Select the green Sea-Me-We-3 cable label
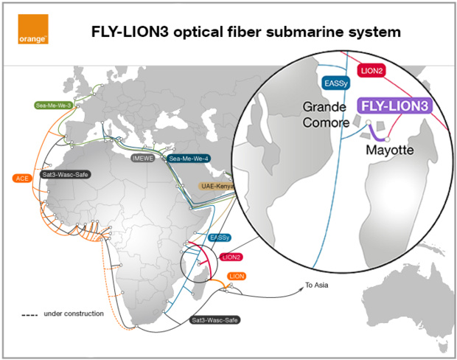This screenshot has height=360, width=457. coord(53,105)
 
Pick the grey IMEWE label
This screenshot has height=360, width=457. coord(142,158)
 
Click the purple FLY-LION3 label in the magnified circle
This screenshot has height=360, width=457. coord(403,106)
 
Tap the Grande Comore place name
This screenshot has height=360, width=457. coord(324,115)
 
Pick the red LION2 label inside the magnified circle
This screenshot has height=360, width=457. coord(372,69)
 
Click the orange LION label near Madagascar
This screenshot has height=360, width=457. coord(236,276)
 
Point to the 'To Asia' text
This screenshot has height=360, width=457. coord(318,285)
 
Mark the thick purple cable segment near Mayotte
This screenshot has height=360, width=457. coord(377,134)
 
